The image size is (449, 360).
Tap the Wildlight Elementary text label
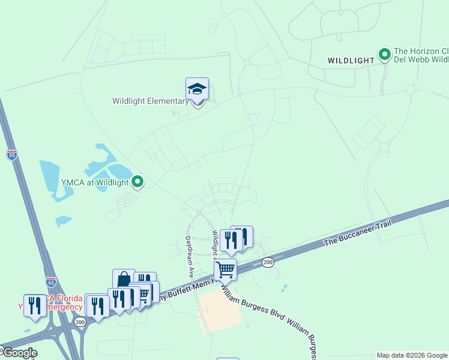[150, 101]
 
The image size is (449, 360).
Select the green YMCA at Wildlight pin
[137, 181]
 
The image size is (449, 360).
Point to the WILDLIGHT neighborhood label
[351, 61]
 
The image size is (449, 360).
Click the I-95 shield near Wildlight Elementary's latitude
[12, 154]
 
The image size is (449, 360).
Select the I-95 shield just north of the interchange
[51, 281]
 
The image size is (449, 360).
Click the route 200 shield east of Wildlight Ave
[268, 262]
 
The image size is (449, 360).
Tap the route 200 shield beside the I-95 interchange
[80, 322]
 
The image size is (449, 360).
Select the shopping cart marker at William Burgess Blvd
[225, 270]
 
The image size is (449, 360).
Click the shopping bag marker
[124, 280]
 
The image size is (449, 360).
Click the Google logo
[19, 353]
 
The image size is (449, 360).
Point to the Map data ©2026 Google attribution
[412, 355]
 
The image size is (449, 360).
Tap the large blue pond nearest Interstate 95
[53, 179]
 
